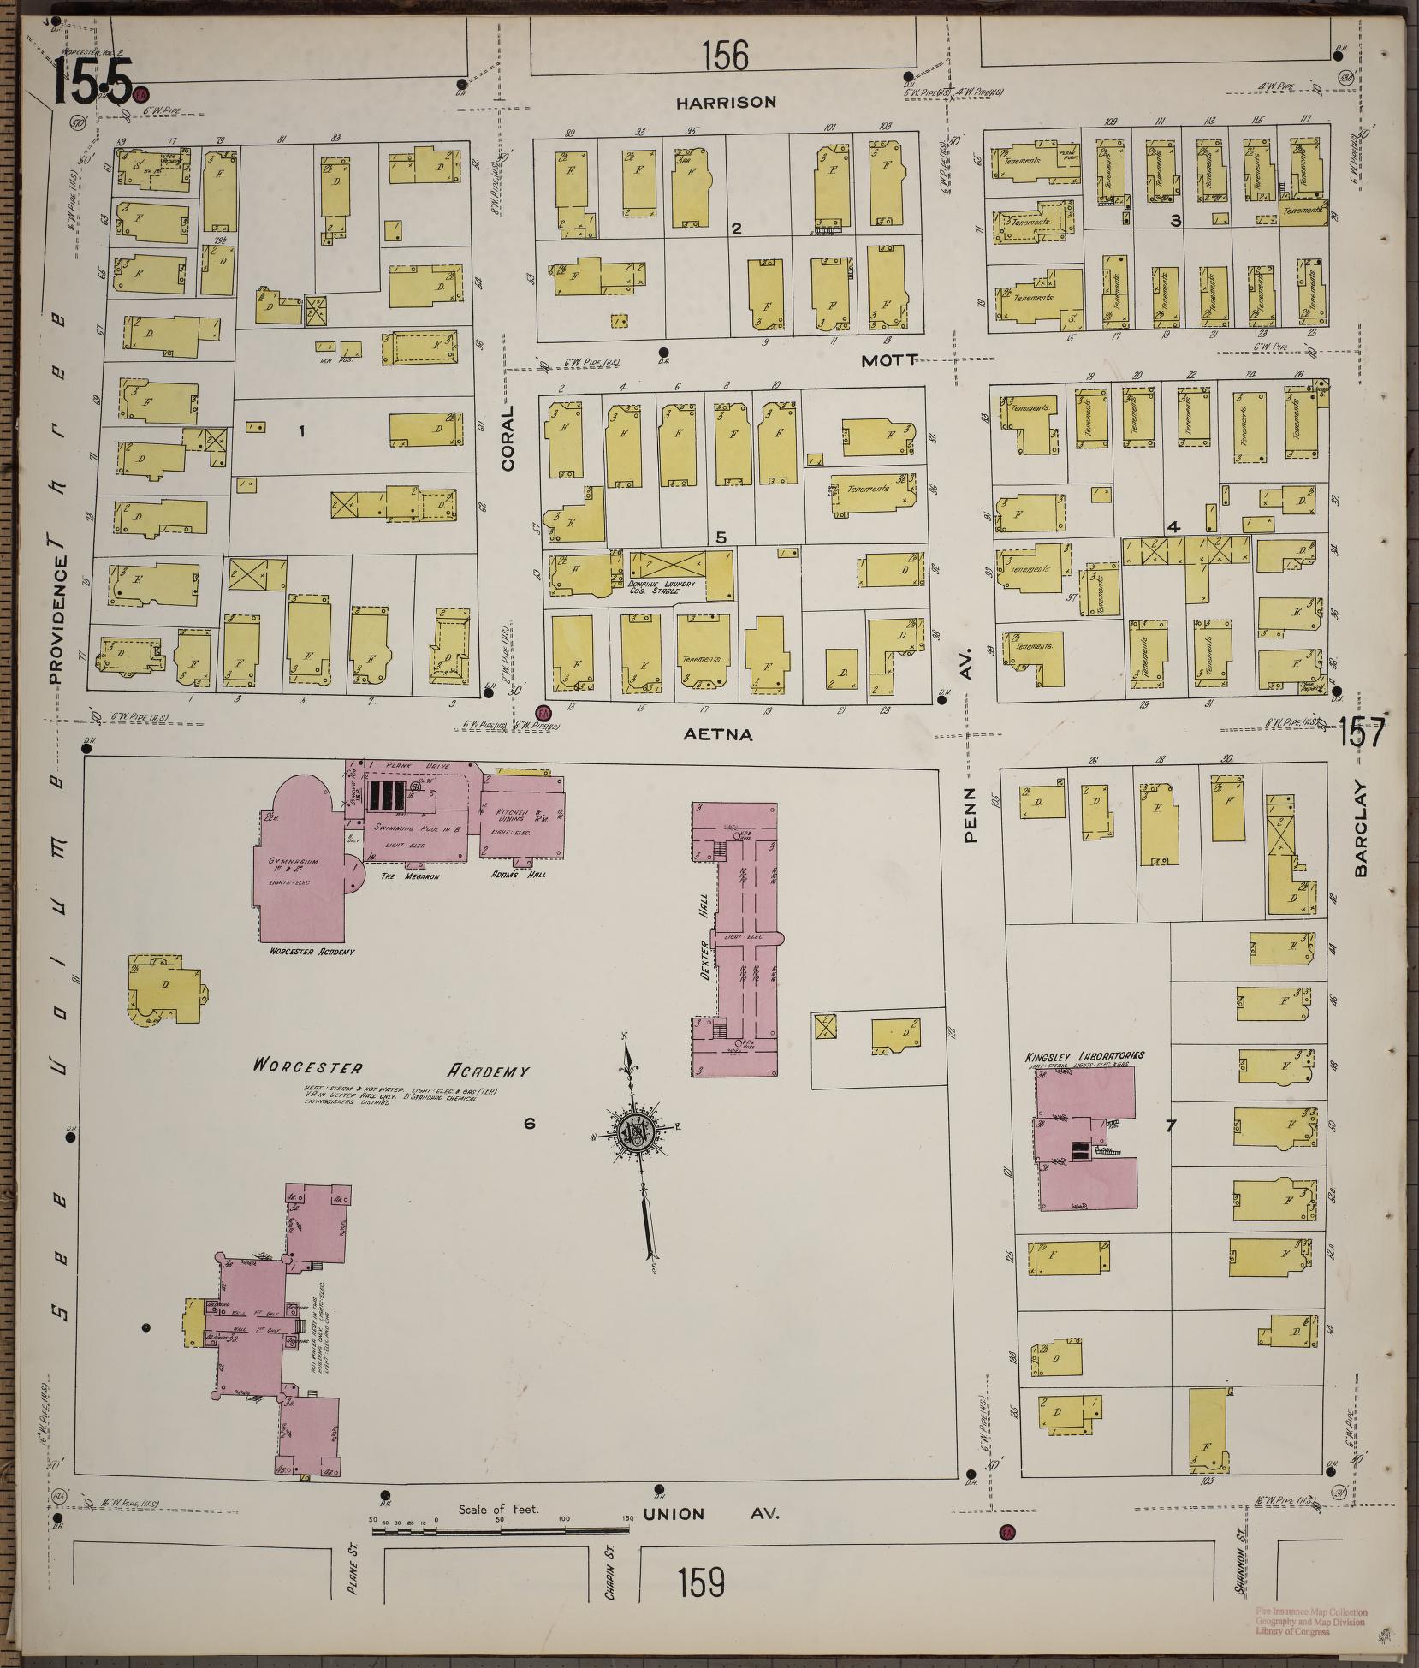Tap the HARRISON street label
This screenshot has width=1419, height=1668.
(726, 102)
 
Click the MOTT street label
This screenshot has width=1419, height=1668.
(889, 361)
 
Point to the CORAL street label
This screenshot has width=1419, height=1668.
(508, 437)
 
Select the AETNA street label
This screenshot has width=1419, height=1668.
(719, 734)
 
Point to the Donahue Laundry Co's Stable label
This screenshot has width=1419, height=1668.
(665, 585)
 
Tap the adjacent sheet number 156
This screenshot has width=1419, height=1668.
(725, 56)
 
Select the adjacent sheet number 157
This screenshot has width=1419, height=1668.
(1361, 733)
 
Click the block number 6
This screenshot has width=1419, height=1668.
(529, 1123)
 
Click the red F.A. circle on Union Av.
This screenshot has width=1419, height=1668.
(1007, 1532)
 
